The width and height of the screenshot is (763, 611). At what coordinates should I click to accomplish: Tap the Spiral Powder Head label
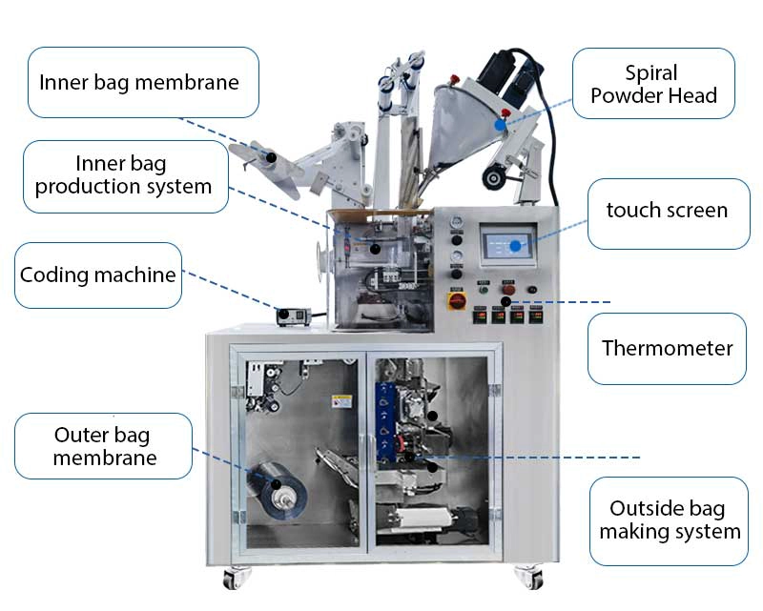click(x=653, y=83)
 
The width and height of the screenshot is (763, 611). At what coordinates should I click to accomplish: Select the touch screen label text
click(x=667, y=210)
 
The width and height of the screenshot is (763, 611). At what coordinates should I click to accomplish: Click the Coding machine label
click(x=98, y=275)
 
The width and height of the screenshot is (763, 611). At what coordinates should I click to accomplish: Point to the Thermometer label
click(x=667, y=348)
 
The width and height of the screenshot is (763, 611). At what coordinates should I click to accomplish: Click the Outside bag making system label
click(x=670, y=520)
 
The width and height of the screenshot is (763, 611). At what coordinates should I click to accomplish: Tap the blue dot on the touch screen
click(x=515, y=246)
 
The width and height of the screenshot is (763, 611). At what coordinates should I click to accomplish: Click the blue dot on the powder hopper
click(x=500, y=125)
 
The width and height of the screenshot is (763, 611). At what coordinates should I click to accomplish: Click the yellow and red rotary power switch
click(x=457, y=300)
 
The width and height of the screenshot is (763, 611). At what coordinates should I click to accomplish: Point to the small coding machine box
click(x=294, y=316)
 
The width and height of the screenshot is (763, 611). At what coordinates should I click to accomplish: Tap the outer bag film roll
click(x=277, y=491)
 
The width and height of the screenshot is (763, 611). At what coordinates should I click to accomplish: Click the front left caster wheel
click(x=235, y=578)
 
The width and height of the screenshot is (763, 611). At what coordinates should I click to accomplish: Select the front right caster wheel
click(x=529, y=577)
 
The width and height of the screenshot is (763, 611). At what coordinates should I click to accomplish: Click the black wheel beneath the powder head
click(x=494, y=177)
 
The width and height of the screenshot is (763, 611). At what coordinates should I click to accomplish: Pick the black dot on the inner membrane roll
click(x=272, y=157)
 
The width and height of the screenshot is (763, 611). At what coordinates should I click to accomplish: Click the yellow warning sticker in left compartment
click(x=341, y=402)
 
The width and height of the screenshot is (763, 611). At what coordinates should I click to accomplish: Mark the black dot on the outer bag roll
click(x=276, y=484)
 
